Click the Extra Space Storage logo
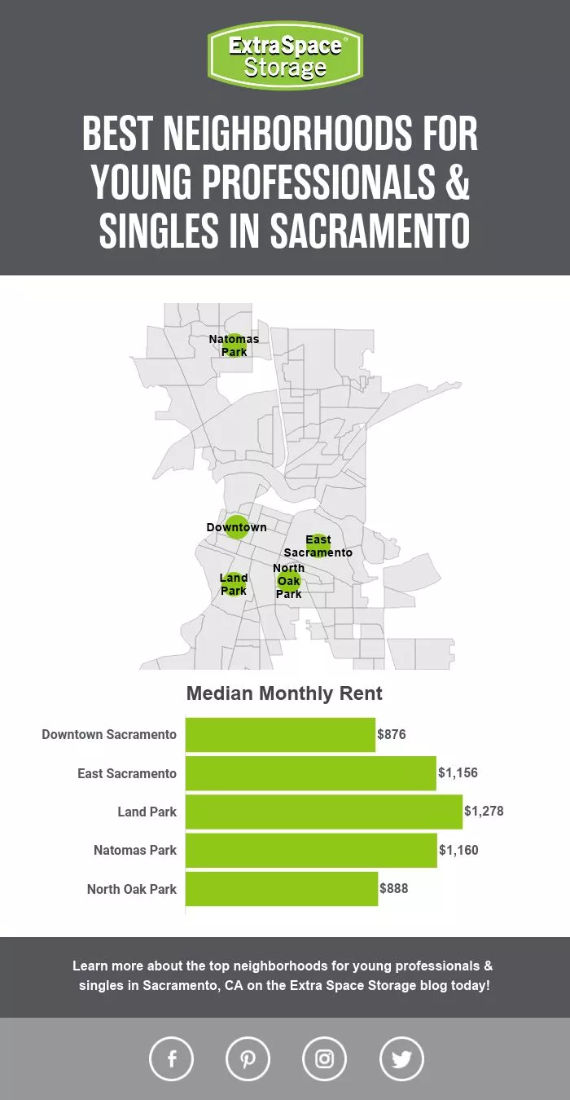(x=285, y=55)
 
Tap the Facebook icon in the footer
(x=172, y=1058)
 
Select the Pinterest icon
(x=248, y=1058)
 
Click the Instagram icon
(x=324, y=1058)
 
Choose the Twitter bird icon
(x=401, y=1058)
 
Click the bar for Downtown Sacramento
(x=280, y=735)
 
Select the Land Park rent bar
(x=323, y=812)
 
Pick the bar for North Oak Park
(x=281, y=889)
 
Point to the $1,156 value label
(x=458, y=773)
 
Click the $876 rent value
(x=392, y=735)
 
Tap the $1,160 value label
(x=458, y=851)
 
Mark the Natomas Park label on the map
(x=234, y=345)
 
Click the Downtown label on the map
(x=236, y=527)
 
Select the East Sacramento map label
(x=318, y=546)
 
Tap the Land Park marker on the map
(x=234, y=584)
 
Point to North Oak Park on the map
(x=289, y=581)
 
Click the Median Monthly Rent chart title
(x=284, y=694)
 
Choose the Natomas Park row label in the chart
(x=135, y=851)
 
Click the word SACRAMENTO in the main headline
(x=370, y=231)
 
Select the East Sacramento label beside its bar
(x=127, y=773)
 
